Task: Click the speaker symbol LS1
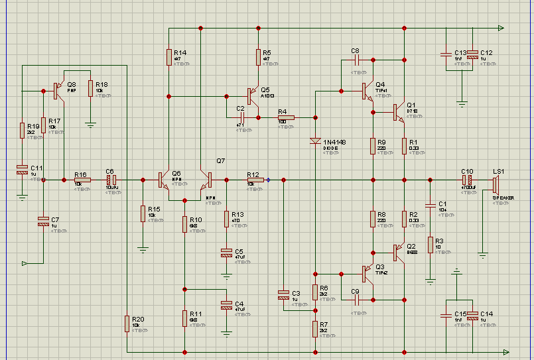tap(495, 180)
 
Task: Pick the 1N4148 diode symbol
tap(314, 141)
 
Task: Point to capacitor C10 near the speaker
tap(468, 180)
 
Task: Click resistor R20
tap(126, 324)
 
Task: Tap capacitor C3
tap(284, 295)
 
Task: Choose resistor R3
tap(430, 245)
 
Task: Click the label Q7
tap(221, 161)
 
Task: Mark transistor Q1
tap(398, 112)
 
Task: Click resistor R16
tap(82, 180)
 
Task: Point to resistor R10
tap(186, 224)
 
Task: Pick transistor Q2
tap(398, 253)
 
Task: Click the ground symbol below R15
tap(143, 250)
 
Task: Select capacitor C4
tap(226, 305)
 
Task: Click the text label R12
tap(252, 173)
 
